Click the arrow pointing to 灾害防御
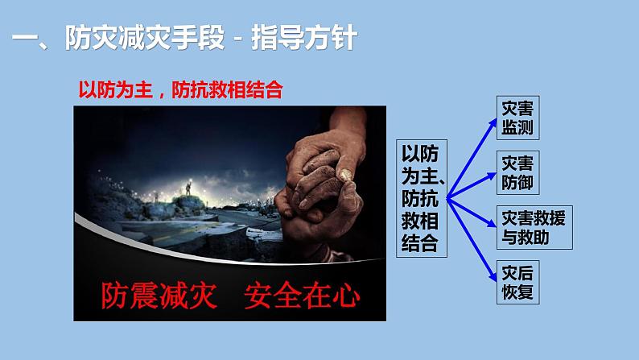(x=475, y=181)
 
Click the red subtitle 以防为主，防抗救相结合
(x=180, y=89)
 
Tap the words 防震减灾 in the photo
(x=159, y=296)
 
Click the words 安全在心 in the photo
(x=299, y=296)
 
